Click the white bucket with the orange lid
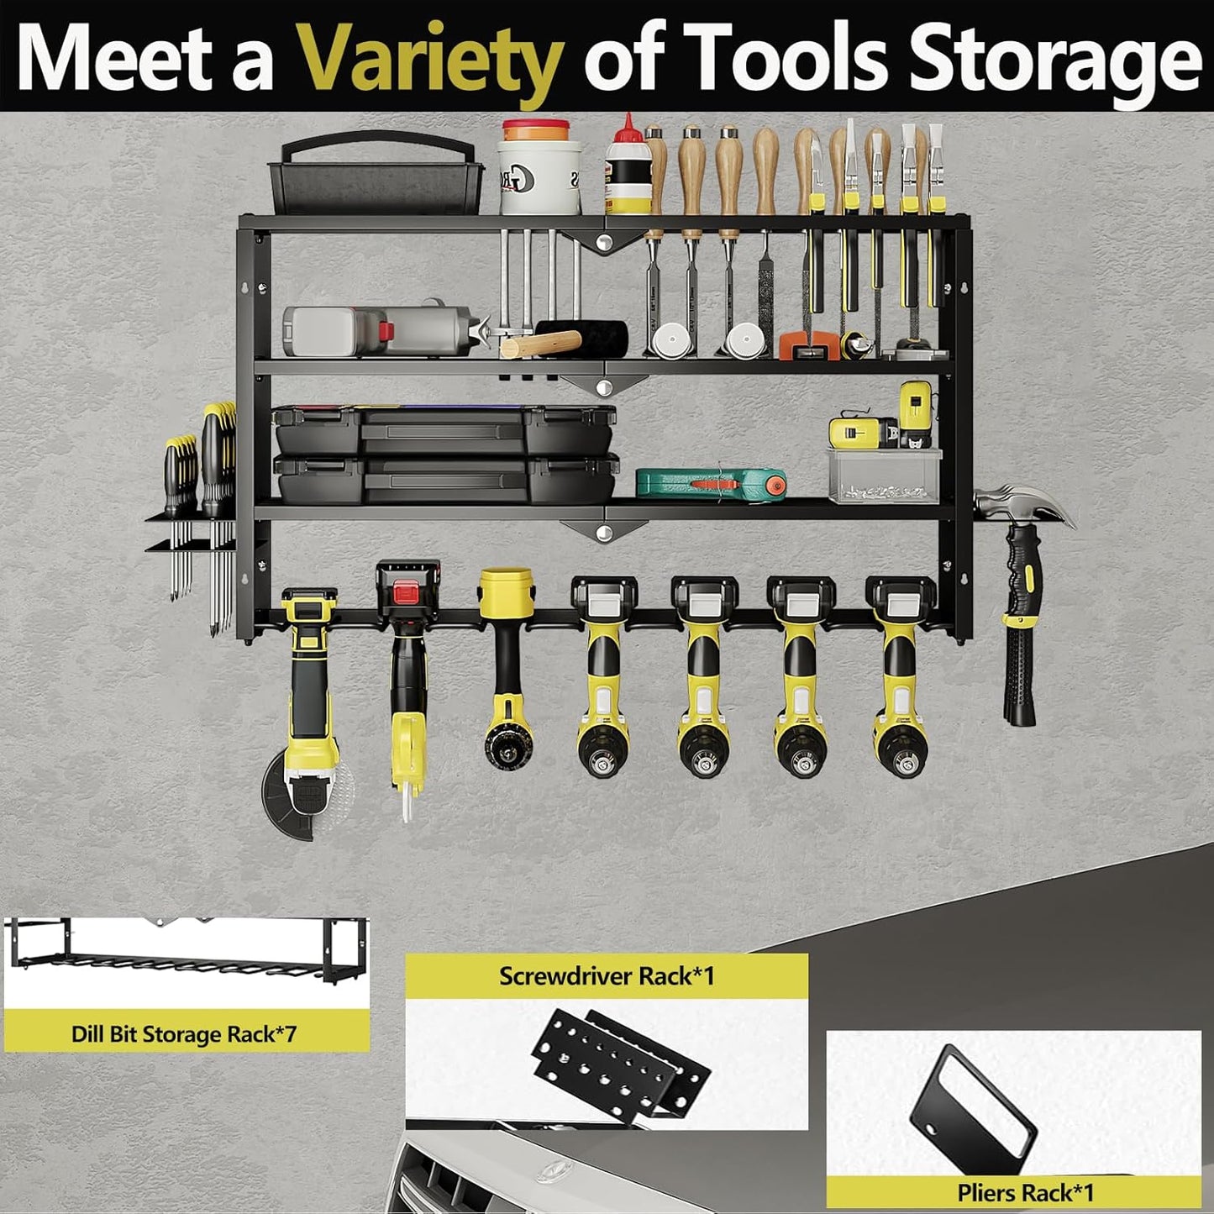539,168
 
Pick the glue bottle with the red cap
628,168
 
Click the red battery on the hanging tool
408,588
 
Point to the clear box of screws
884,477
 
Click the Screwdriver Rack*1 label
607,976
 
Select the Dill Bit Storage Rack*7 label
184,1033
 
